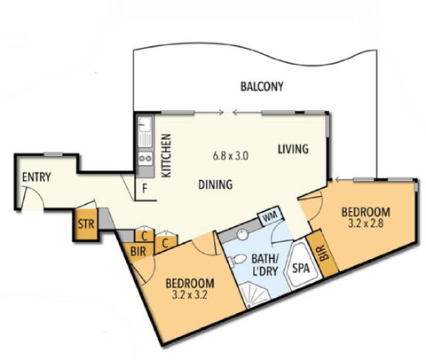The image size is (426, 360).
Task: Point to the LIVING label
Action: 295,149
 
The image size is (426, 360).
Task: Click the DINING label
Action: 216,185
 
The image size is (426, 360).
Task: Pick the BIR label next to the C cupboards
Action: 138,252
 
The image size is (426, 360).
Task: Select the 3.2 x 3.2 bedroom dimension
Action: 191,290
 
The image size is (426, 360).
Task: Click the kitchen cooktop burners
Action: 145,160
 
